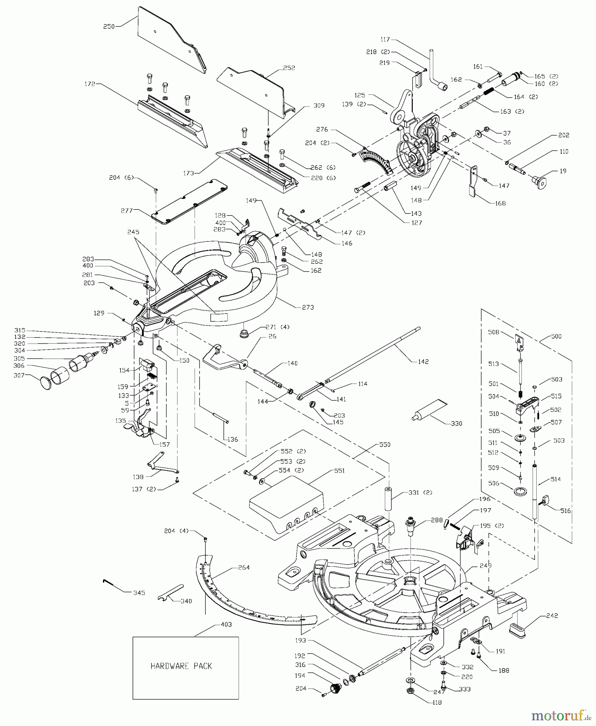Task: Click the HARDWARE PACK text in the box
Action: tap(181, 666)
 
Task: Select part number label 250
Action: tap(109, 27)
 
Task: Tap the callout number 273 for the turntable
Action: tap(308, 307)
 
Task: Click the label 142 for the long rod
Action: tap(423, 362)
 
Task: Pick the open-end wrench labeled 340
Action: tap(170, 593)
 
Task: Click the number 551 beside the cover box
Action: tap(339, 471)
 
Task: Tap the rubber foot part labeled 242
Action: tap(518, 630)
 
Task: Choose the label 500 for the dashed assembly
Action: tap(556, 336)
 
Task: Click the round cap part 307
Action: tap(46, 383)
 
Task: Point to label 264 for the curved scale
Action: tap(244, 567)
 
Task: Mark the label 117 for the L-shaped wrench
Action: tap(385, 40)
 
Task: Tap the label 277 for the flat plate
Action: tap(127, 211)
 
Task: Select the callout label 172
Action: tap(90, 84)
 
